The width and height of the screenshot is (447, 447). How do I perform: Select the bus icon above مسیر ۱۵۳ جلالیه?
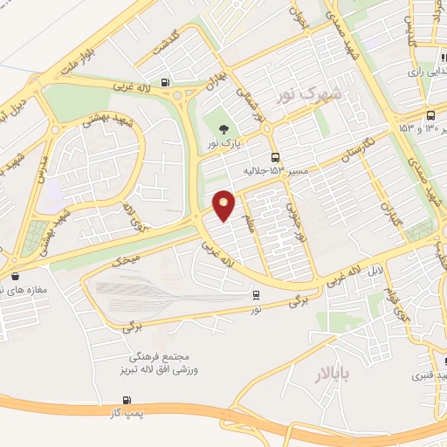tap(276, 158)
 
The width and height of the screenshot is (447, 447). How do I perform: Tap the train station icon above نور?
tap(256, 296)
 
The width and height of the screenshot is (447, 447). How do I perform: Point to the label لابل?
tap(374, 271)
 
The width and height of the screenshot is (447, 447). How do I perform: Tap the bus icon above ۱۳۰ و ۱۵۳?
tap(430, 115)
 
